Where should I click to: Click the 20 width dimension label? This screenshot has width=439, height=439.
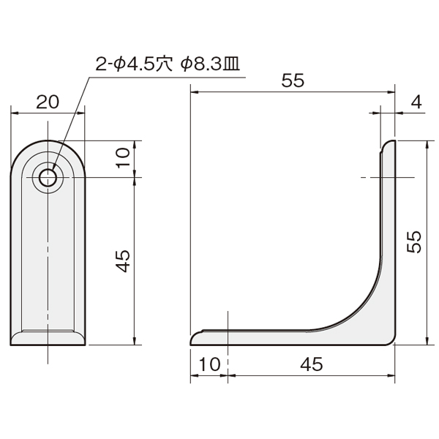(x=48, y=102)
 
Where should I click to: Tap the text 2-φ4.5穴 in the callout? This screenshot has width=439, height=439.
(x=134, y=65)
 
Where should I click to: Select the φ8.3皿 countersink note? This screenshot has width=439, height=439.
(x=210, y=65)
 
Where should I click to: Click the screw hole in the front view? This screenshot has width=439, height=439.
(x=48, y=178)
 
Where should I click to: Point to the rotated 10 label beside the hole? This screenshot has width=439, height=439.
(x=124, y=157)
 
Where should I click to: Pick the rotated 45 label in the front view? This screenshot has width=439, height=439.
(x=124, y=261)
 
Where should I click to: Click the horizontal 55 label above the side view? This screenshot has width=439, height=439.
(x=293, y=80)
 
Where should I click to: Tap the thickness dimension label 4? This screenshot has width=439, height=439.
(x=416, y=102)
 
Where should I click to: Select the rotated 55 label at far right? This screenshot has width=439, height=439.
(x=414, y=242)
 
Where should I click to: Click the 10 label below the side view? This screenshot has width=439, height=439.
(x=210, y=364)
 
